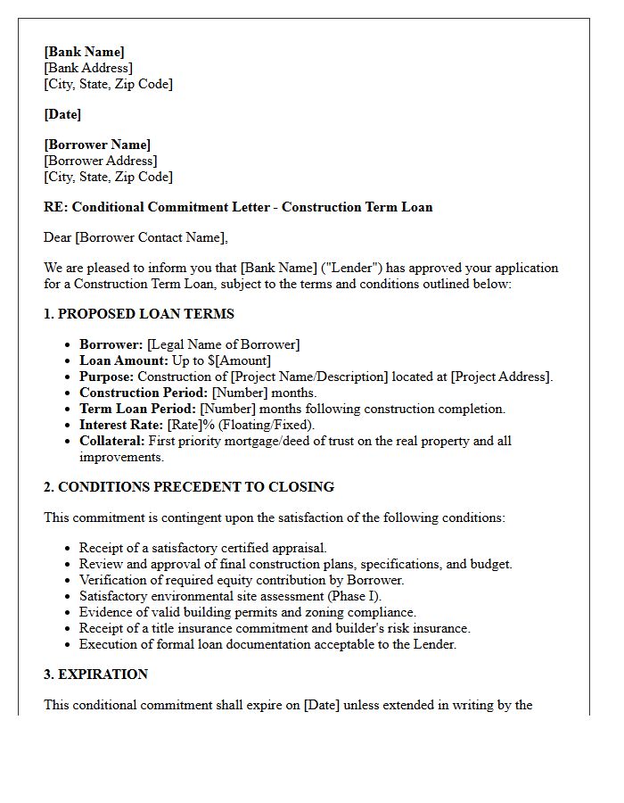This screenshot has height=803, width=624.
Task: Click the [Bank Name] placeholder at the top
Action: point(84,52)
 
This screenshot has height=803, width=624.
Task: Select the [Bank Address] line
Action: point(87,68)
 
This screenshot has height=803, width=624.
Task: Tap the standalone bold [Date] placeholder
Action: point(62,114)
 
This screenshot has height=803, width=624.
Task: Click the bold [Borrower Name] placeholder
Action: point(97,145)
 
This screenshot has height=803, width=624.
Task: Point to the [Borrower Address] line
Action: point(100,161)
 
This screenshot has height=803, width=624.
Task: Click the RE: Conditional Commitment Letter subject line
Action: point(238,207)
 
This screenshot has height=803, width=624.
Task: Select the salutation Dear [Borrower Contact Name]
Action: point(135,237)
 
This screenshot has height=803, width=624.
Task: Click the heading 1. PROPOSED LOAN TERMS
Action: point(139,314)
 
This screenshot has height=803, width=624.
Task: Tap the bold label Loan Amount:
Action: point(123,360)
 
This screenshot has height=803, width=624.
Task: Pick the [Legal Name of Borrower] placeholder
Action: point(224,344)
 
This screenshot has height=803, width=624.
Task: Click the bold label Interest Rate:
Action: point(121,425)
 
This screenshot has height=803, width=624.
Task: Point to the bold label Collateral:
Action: point(111,441)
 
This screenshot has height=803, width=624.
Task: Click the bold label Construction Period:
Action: point(144,393)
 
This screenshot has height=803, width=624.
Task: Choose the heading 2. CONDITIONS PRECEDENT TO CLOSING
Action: point(189,487)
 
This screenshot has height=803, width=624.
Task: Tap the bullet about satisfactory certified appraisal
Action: point(202,548)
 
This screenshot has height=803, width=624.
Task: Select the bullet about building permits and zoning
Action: point(247,612)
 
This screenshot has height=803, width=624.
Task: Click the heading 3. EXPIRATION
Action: point(96,675)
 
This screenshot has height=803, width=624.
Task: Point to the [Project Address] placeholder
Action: point(502,377)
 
